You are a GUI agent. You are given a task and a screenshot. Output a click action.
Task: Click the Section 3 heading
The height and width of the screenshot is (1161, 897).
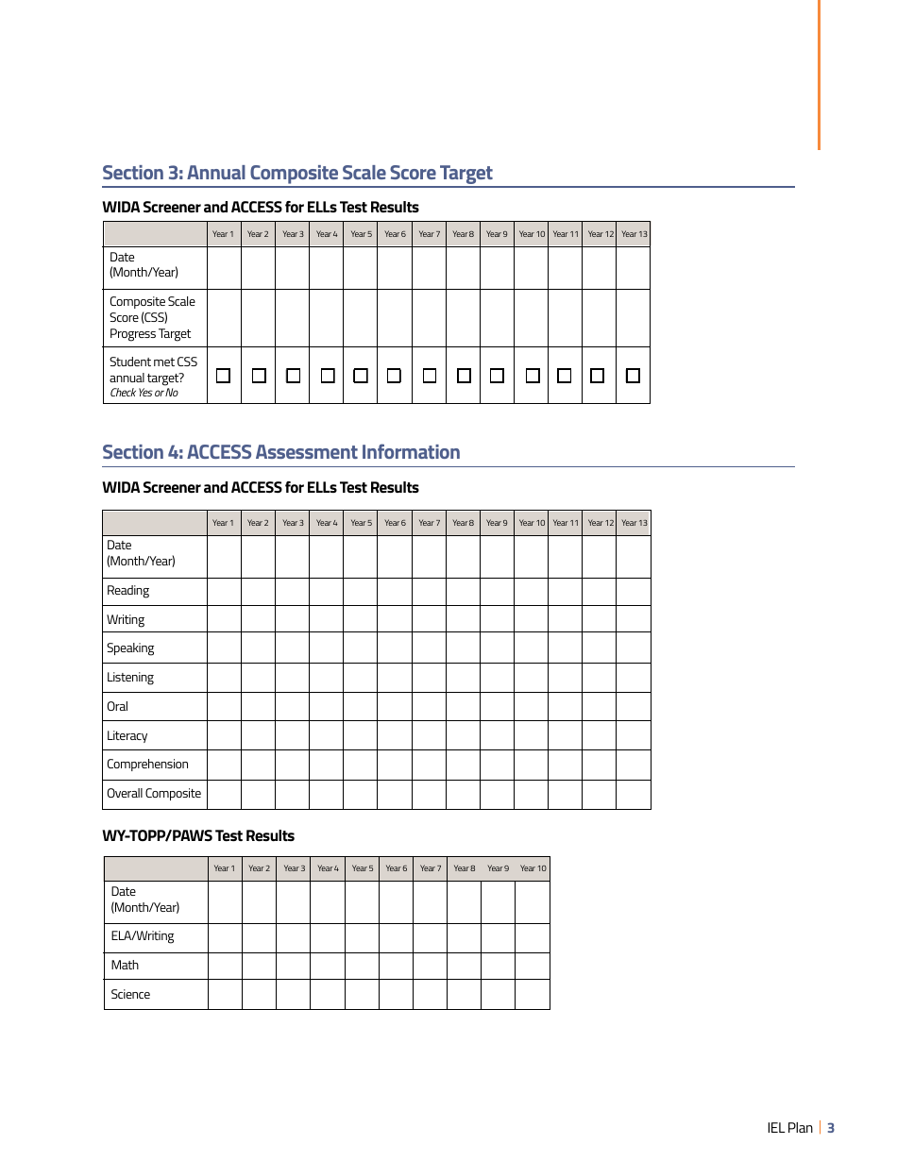297,173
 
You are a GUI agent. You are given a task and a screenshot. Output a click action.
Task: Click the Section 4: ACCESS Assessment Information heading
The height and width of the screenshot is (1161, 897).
281,452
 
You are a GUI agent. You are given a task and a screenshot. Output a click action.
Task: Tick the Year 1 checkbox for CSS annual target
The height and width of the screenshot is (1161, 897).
224,376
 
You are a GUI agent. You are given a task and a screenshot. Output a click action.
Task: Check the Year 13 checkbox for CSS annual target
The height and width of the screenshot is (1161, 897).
633,376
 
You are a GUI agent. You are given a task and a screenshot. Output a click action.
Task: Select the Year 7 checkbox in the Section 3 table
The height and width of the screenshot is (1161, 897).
429,376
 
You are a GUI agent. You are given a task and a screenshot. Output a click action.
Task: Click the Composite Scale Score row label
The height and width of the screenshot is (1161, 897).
152,317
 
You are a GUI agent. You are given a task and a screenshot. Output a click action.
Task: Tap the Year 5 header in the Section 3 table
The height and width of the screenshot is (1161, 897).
361,234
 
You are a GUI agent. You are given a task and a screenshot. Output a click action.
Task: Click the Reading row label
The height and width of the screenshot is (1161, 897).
127,591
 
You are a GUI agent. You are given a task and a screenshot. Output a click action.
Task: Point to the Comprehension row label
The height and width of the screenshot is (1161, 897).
147,765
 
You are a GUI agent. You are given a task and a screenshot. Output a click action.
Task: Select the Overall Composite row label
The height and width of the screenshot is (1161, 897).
154,794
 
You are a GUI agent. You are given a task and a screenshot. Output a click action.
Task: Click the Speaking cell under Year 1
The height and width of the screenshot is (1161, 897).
224,648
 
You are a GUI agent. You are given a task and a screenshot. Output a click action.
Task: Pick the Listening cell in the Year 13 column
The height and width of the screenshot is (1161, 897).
634,678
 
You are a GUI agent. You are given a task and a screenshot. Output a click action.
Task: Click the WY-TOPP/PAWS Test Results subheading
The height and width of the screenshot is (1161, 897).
198,836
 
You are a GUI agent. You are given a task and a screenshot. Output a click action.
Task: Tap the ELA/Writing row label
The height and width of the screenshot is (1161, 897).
143,936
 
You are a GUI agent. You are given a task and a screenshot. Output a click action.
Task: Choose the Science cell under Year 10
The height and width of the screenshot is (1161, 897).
533,995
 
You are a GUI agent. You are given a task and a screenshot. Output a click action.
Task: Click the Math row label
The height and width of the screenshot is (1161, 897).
125,966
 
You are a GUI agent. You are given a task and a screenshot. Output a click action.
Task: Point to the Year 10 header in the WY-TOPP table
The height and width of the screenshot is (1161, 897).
533,868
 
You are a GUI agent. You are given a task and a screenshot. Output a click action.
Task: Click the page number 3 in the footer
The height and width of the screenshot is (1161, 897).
831,1128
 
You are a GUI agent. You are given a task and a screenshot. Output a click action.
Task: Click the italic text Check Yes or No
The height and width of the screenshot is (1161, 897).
144,394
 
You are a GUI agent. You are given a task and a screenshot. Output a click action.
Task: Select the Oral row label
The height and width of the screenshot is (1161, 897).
117,707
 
